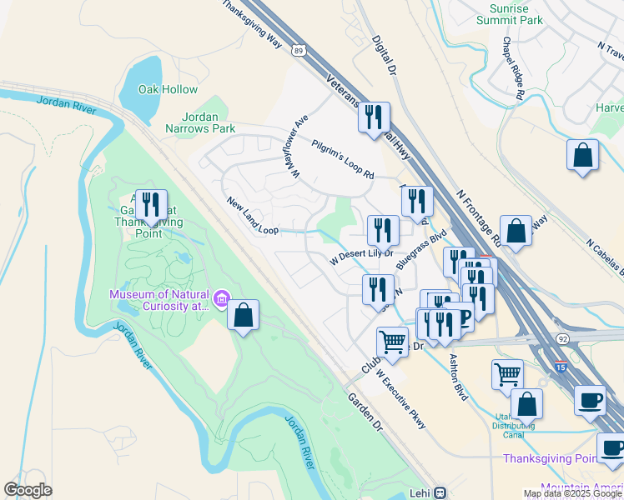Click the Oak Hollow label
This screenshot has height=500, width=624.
click(x=168, y=89)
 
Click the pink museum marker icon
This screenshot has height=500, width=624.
click(x=222, y=297)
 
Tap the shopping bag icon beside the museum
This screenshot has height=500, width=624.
click(x=242, y=315)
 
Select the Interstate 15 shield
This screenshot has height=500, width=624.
click(x=560, y=365)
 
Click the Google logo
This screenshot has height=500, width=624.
click(x=28, y=489)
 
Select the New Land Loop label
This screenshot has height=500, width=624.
click(x=252, y=215)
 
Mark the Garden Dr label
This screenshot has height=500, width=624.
click(x=365, y=412)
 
